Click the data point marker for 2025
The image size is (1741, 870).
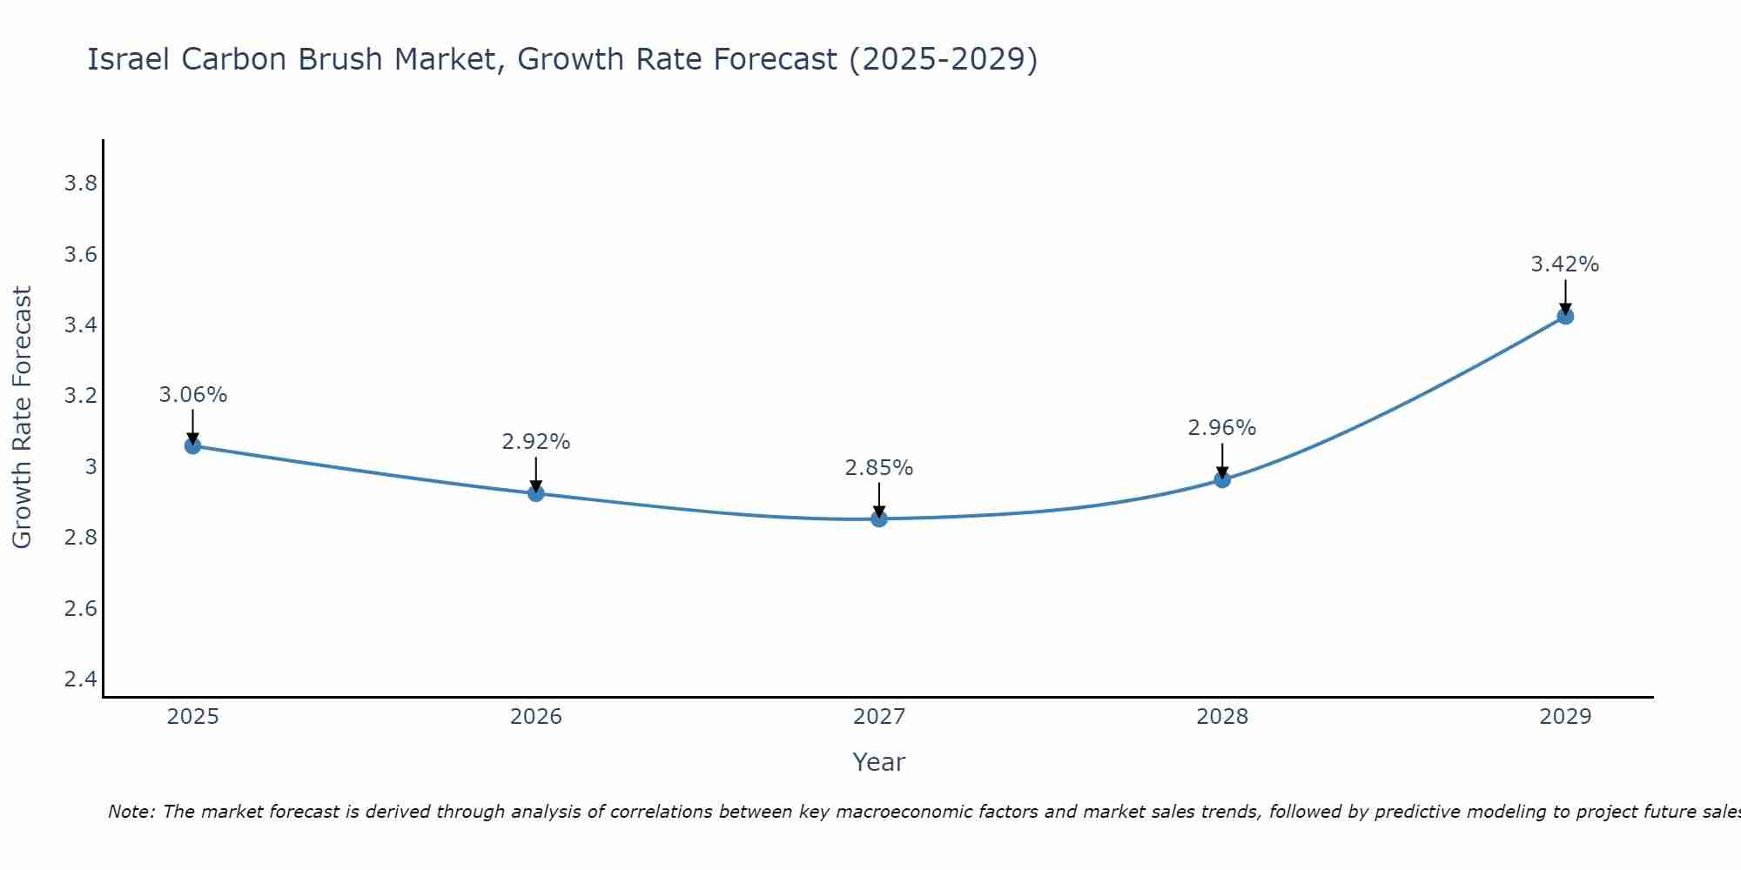pyautogui.click(x=193, y=446)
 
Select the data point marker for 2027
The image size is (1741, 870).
pyautogui.click(x=879, y=519)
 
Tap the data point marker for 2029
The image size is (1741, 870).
pyautogui.click(x=1565, y=317)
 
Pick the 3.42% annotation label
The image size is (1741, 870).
pyautogui.click(x=1565, y=264)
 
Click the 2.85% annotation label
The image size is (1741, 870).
pyautogui.click(x=879, y=468)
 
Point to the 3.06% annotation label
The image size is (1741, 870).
pyautogui.click(x=193, y=395)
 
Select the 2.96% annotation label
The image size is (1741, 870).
pyautogui.click(x=1222, y=428)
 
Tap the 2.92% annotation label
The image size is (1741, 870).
pyautogui.click(x=536, y=442)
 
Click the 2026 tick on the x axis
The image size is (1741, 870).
pyautogui.click(x=536, y=717)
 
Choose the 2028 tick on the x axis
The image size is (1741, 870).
pyautogui.click(x=1222, y=717)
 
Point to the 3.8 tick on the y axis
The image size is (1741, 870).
pyautogui.click(x=81, y=184)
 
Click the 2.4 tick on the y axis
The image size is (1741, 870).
pyautogui.click(x=81, y=679)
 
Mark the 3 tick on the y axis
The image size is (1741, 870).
pyautogui.click(x=91, y=467)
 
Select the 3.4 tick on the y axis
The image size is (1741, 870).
pyautogui.click(x=81, y=325)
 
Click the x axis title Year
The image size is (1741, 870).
pyautogui.click(x=879, y=762)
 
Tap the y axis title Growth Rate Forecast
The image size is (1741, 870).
pyautogui.click(x=22, y=418)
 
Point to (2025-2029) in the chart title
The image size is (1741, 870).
pyautogui.click(x=943, y=59)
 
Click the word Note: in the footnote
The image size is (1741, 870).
pyautogui.click(x=131, y=812)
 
